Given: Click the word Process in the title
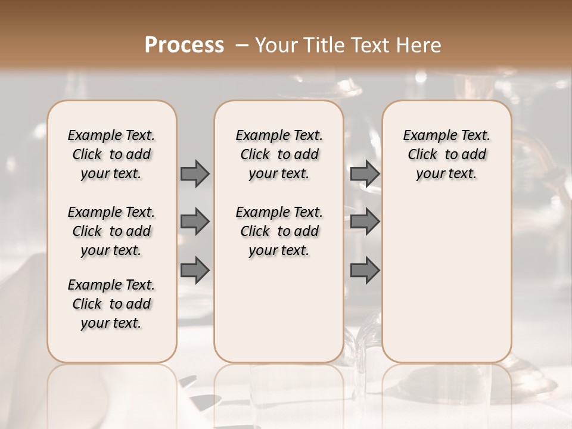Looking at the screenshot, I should click(x=184, y=45).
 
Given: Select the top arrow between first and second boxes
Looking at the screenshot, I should click(x=195, y=174).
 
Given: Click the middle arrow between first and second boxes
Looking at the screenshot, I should click(x=195, y=222).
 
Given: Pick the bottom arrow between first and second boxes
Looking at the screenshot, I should click(x=195, y=269).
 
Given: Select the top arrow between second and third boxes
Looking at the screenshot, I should click(x=365, y=174).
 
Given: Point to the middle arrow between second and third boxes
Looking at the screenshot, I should click(x=365, y=222).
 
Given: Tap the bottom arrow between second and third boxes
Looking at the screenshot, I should click(x=365, y=269).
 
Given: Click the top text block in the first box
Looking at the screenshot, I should click(x=111, y=154).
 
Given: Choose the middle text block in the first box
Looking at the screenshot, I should click(x=111, y=231).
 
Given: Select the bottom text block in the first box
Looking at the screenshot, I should click(x=111, y=304).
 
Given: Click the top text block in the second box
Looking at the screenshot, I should click(x=279, y=154).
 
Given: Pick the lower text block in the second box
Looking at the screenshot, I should click(x=279, y=231).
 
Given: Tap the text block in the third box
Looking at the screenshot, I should click(x=446, y=154).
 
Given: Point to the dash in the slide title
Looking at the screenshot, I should click(x=242, y=45).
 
